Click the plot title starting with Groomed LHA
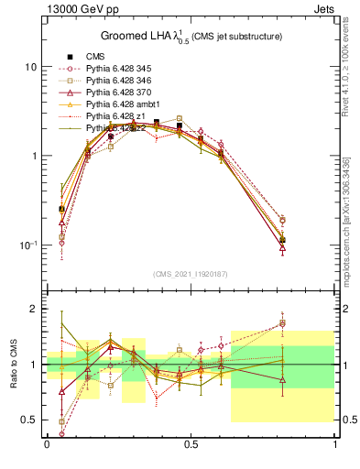click(x=191, y=36)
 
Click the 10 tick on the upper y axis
click(x=29, y=67)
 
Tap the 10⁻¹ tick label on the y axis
click(x=27, y=245)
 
